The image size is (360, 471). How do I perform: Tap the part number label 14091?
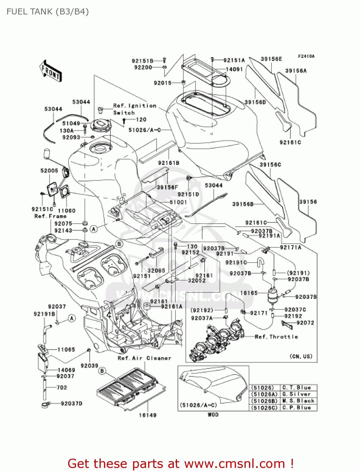234,69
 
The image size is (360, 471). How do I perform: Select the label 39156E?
271,59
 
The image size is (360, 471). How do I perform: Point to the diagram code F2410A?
306,57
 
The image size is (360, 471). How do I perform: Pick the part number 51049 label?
71,123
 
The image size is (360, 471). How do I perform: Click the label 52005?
49,171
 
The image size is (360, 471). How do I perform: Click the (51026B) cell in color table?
264,401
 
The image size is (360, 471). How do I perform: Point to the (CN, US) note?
301,356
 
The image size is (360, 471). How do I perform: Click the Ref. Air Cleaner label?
144,358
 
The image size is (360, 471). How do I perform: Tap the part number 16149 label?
148,415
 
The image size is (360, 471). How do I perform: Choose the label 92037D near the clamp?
71,403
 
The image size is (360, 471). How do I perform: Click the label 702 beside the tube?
62,387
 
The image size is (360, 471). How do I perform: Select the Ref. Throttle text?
276,337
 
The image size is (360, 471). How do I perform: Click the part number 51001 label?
178,202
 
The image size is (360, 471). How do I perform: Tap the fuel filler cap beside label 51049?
101,125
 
